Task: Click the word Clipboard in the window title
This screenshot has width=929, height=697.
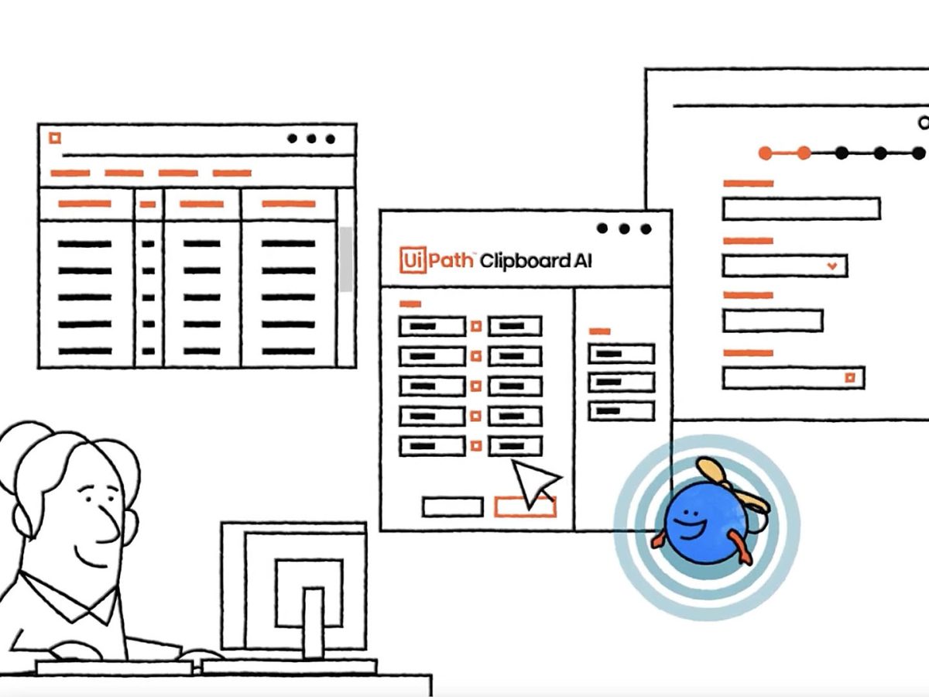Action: click(x=523, y=261)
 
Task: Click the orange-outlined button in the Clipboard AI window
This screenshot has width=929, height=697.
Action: click(x=525, y=506)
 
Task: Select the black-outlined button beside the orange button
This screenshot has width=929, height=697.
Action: click(x=452, y=506)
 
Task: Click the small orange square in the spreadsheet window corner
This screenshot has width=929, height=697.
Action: click(x=54, y=138)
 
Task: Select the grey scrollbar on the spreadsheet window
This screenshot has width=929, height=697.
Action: click(x=345, y=259)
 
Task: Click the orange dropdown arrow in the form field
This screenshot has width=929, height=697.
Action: click(x=832, y=266)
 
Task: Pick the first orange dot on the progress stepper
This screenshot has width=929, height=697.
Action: click(x=766, y=153)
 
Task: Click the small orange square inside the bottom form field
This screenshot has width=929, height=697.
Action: click(x=850, y=378)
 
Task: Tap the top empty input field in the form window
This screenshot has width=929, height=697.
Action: click(x=800, y=208)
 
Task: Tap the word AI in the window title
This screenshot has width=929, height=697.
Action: click(x=582, y=261)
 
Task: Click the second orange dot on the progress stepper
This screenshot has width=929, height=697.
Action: click(x=804, y=153)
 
